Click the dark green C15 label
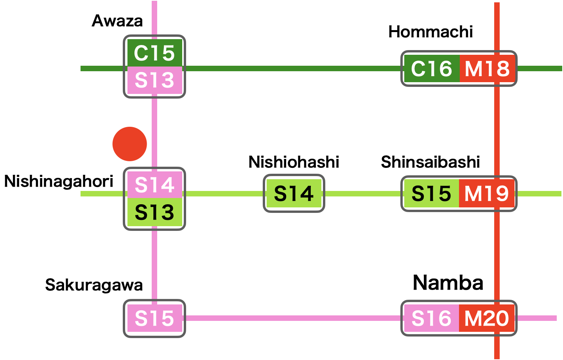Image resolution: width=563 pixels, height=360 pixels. pos(154,53)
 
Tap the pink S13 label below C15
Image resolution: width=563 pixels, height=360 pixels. pos(154,80)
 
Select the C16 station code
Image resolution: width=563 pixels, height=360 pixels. pos(431,69)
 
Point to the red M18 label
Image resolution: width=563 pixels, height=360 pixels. pos(487,69)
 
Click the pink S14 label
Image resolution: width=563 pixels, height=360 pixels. pos(154,185)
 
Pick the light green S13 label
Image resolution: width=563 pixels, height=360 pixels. pos(154,212)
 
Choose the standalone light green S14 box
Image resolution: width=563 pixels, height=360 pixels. pos(294,193)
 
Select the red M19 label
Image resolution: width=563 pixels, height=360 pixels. pos(487,193)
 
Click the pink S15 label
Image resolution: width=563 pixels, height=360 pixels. pos(154,318)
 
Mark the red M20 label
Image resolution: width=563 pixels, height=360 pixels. pos(487,318)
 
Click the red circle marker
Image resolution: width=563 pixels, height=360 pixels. pos(130,144)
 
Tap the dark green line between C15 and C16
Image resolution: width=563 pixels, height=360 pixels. pos(293,68)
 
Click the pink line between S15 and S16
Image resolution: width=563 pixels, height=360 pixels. pos(293,318)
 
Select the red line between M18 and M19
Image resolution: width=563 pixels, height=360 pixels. pos(497,131)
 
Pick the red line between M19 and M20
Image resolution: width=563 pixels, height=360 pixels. pos(497,256)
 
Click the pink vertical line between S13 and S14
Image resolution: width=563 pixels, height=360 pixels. pos(154,133)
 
